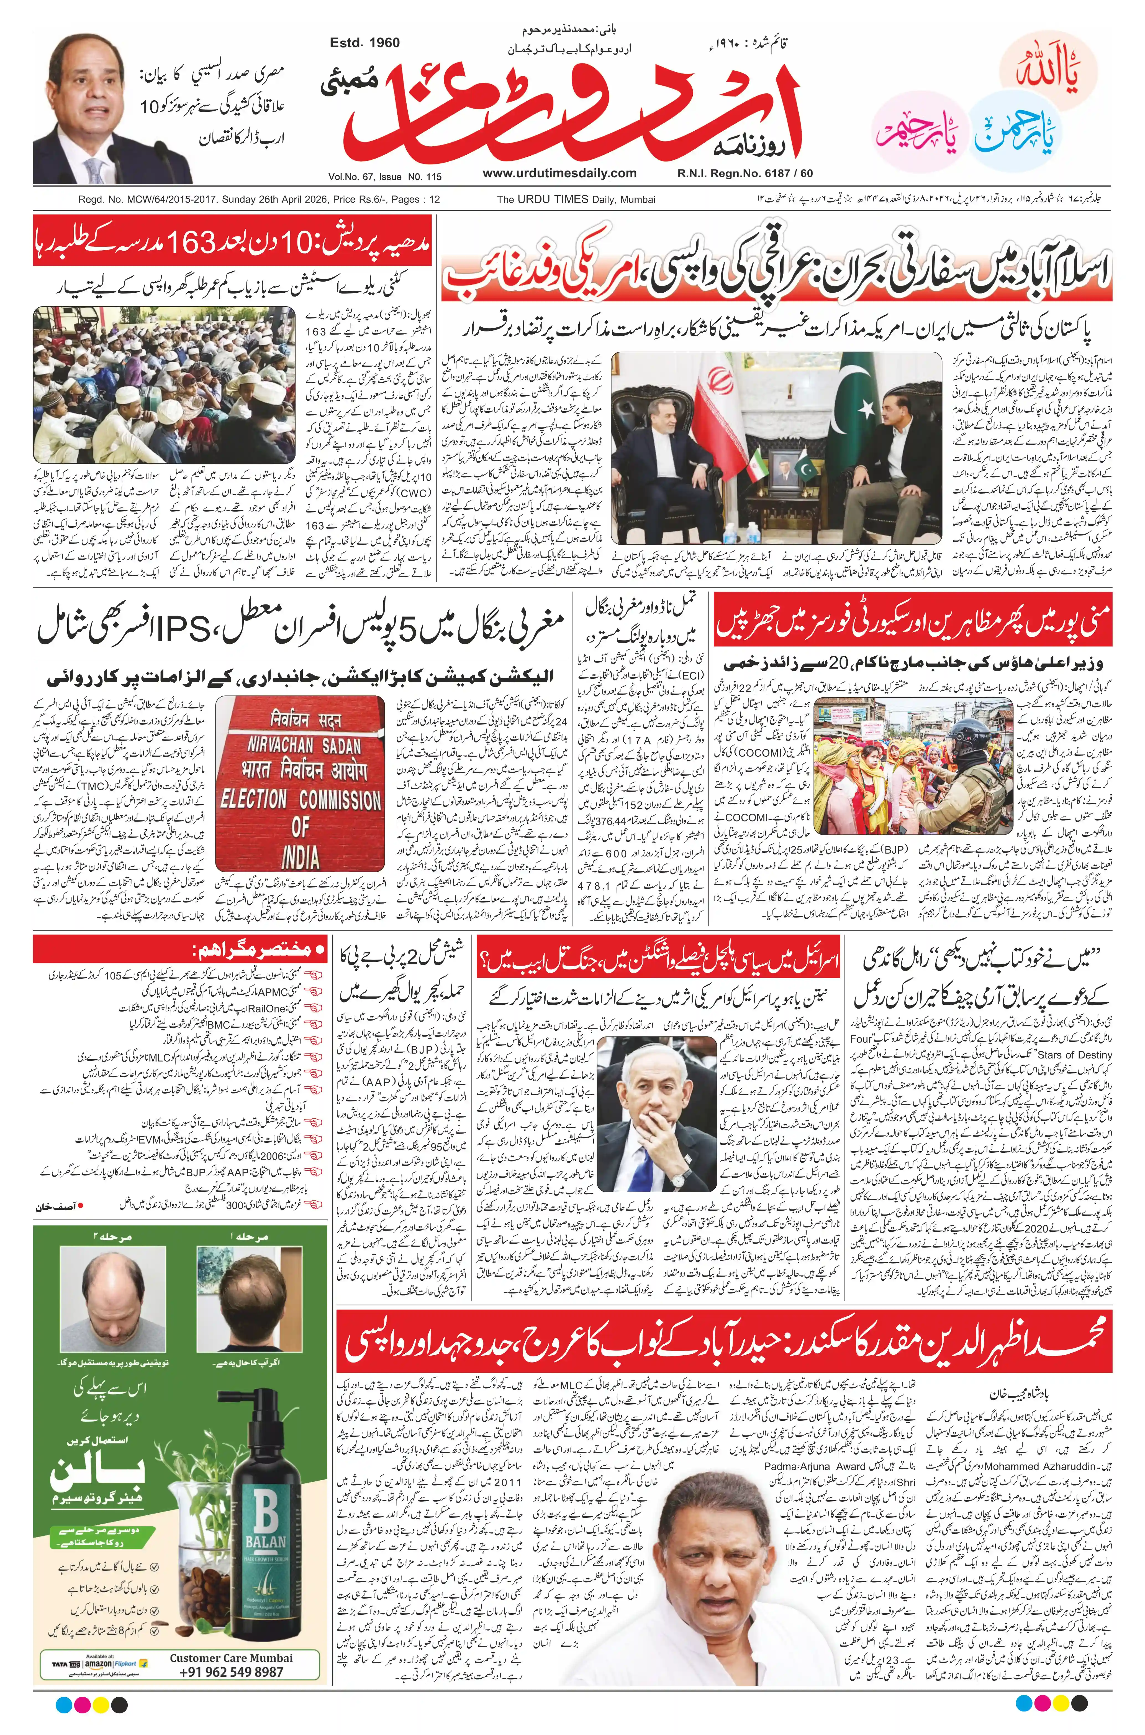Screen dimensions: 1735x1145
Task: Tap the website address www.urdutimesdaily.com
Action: (559, 173)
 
